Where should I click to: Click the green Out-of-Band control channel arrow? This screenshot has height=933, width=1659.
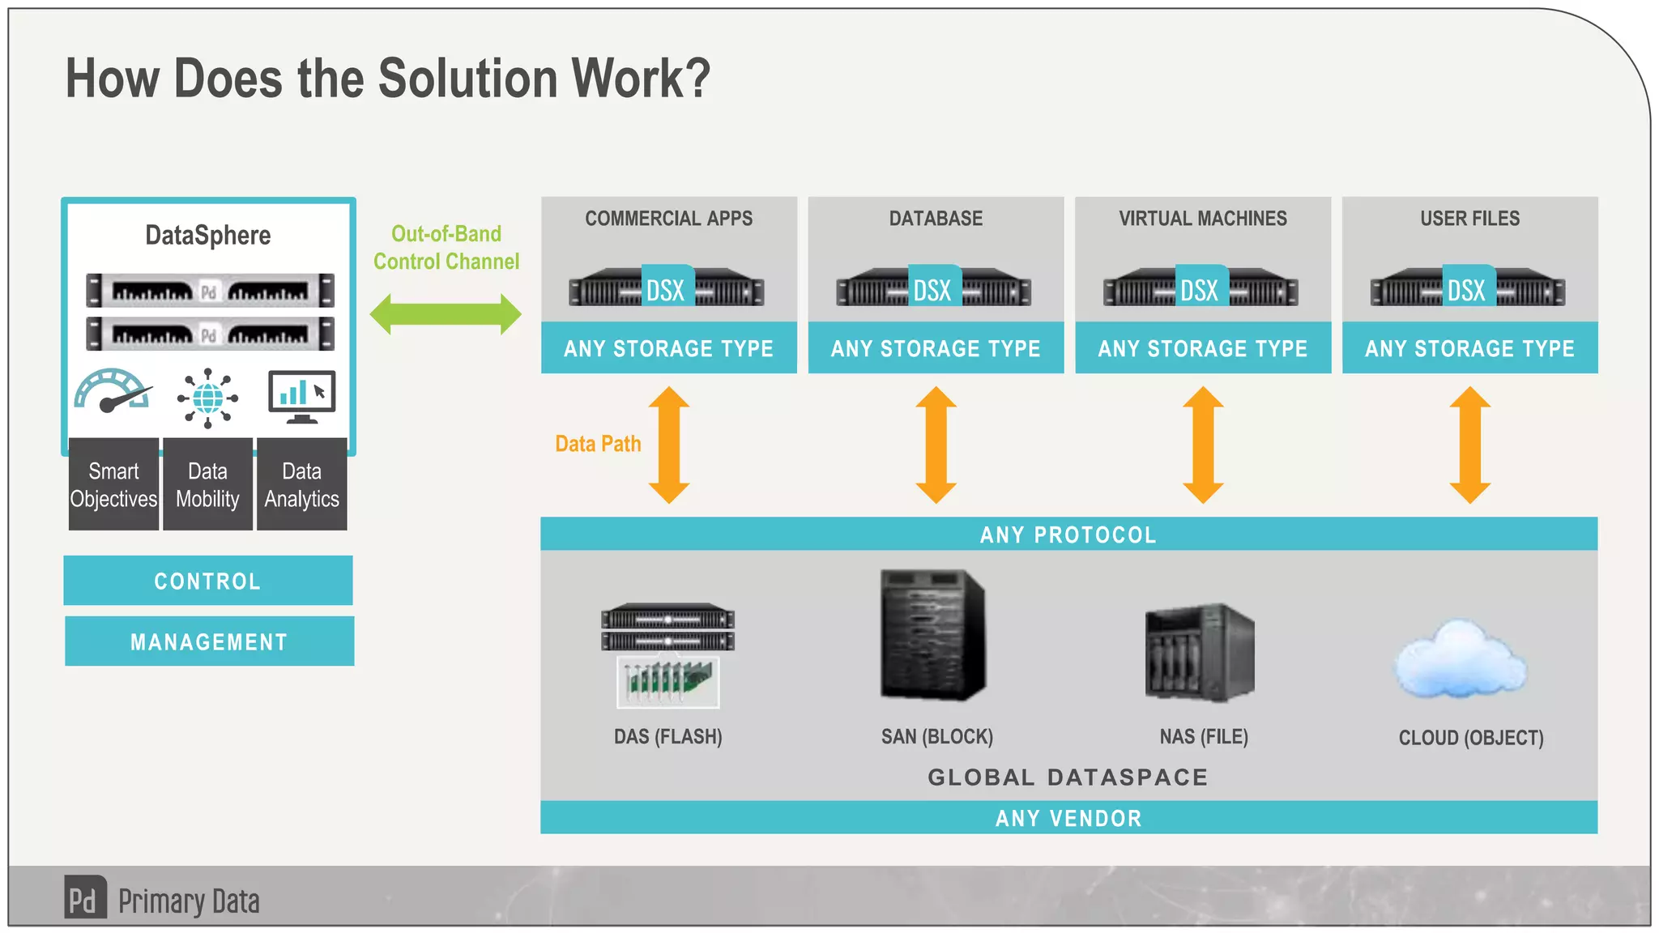446,314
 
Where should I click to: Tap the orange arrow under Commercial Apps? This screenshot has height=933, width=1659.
669,445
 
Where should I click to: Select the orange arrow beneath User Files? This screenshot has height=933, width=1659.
1469,445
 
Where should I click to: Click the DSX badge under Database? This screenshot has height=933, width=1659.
933,288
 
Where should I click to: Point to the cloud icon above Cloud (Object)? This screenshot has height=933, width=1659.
1460,660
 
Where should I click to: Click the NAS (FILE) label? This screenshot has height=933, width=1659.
1204,736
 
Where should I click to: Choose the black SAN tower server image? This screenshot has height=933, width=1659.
933,635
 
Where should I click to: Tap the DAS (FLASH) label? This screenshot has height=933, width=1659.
667,736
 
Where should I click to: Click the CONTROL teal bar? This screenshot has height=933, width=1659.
208,581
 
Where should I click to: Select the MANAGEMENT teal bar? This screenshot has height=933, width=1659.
209,641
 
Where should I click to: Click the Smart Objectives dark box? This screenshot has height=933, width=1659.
113,484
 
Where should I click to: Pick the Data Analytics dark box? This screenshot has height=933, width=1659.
301,484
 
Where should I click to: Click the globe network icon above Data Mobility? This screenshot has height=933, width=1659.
207,398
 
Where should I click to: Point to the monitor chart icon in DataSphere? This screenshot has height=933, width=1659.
302,396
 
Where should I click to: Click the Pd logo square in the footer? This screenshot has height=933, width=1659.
85,897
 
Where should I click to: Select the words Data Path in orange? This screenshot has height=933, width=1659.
598,444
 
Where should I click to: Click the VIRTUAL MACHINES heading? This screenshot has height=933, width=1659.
1202,219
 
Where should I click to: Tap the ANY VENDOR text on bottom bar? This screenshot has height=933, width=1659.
1068,818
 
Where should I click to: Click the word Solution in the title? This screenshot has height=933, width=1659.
467,79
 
